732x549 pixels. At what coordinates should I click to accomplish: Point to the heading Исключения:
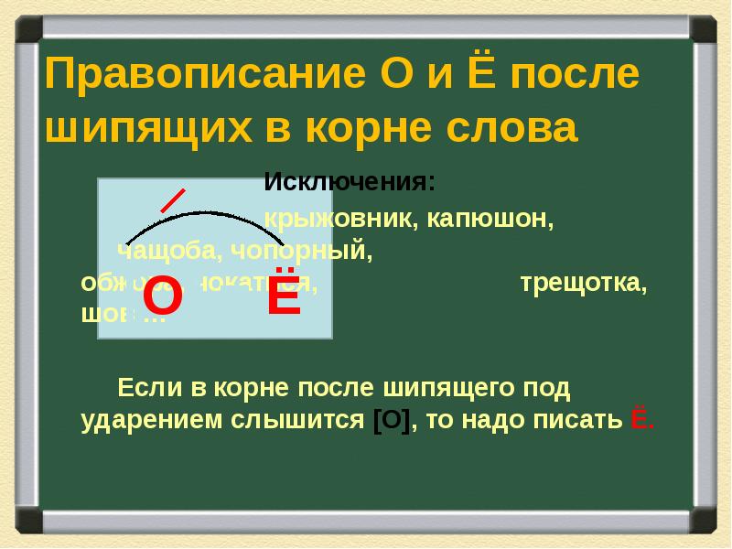350,181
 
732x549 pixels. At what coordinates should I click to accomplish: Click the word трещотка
583,283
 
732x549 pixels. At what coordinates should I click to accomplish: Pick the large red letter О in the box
163,299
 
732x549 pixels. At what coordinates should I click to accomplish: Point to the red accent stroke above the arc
174,200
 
